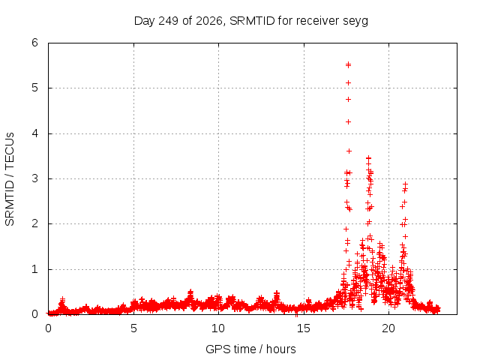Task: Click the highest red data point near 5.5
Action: [x=348, y=64]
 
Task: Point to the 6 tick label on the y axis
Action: [x=35, y=43]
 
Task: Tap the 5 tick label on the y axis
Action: [x=35, y=88]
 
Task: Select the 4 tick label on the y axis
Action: [x=35, y=133]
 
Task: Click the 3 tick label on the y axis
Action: [x=35, y=178]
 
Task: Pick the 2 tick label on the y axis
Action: [x=35, y=223]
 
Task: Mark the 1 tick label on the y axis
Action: [x=35, y=269]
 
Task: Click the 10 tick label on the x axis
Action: [x=218, y=328]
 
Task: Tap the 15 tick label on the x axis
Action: [x=303, y=328]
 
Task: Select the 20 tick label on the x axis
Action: [x=388, y=328]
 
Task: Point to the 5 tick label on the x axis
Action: [x=133, y=328]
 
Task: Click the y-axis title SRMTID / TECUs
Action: [x=10, y=179]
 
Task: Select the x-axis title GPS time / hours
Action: [x=250, y=349]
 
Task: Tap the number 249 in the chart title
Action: [x=168, y=21]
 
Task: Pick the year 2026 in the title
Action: [x=209, y=21]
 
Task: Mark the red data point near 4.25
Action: [x=348, y=121]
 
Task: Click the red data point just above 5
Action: [x=348, y=83]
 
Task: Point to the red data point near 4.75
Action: [x=348, y=100]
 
